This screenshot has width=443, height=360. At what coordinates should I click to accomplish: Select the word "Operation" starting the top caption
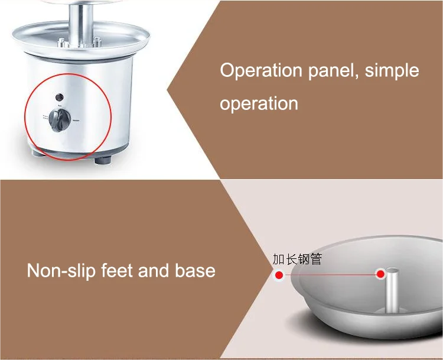(260, 70)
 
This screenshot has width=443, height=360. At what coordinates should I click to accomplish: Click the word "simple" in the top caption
(392, 70)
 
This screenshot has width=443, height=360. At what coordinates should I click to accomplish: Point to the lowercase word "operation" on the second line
(259, 104)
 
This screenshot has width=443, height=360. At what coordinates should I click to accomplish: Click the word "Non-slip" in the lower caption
(62, 271)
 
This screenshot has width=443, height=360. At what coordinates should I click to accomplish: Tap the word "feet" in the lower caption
(117, 271)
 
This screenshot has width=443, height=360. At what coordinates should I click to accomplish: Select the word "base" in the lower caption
(195, 271)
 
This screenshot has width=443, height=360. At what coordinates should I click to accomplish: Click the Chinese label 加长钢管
(297, 260)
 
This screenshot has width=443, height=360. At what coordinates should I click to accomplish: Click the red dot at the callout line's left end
(279, 274)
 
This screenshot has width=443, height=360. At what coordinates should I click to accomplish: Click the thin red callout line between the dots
(330, 274)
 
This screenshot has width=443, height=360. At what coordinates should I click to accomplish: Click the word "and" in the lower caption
(154, 271)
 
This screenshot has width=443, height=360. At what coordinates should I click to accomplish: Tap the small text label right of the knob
(77, 121)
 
